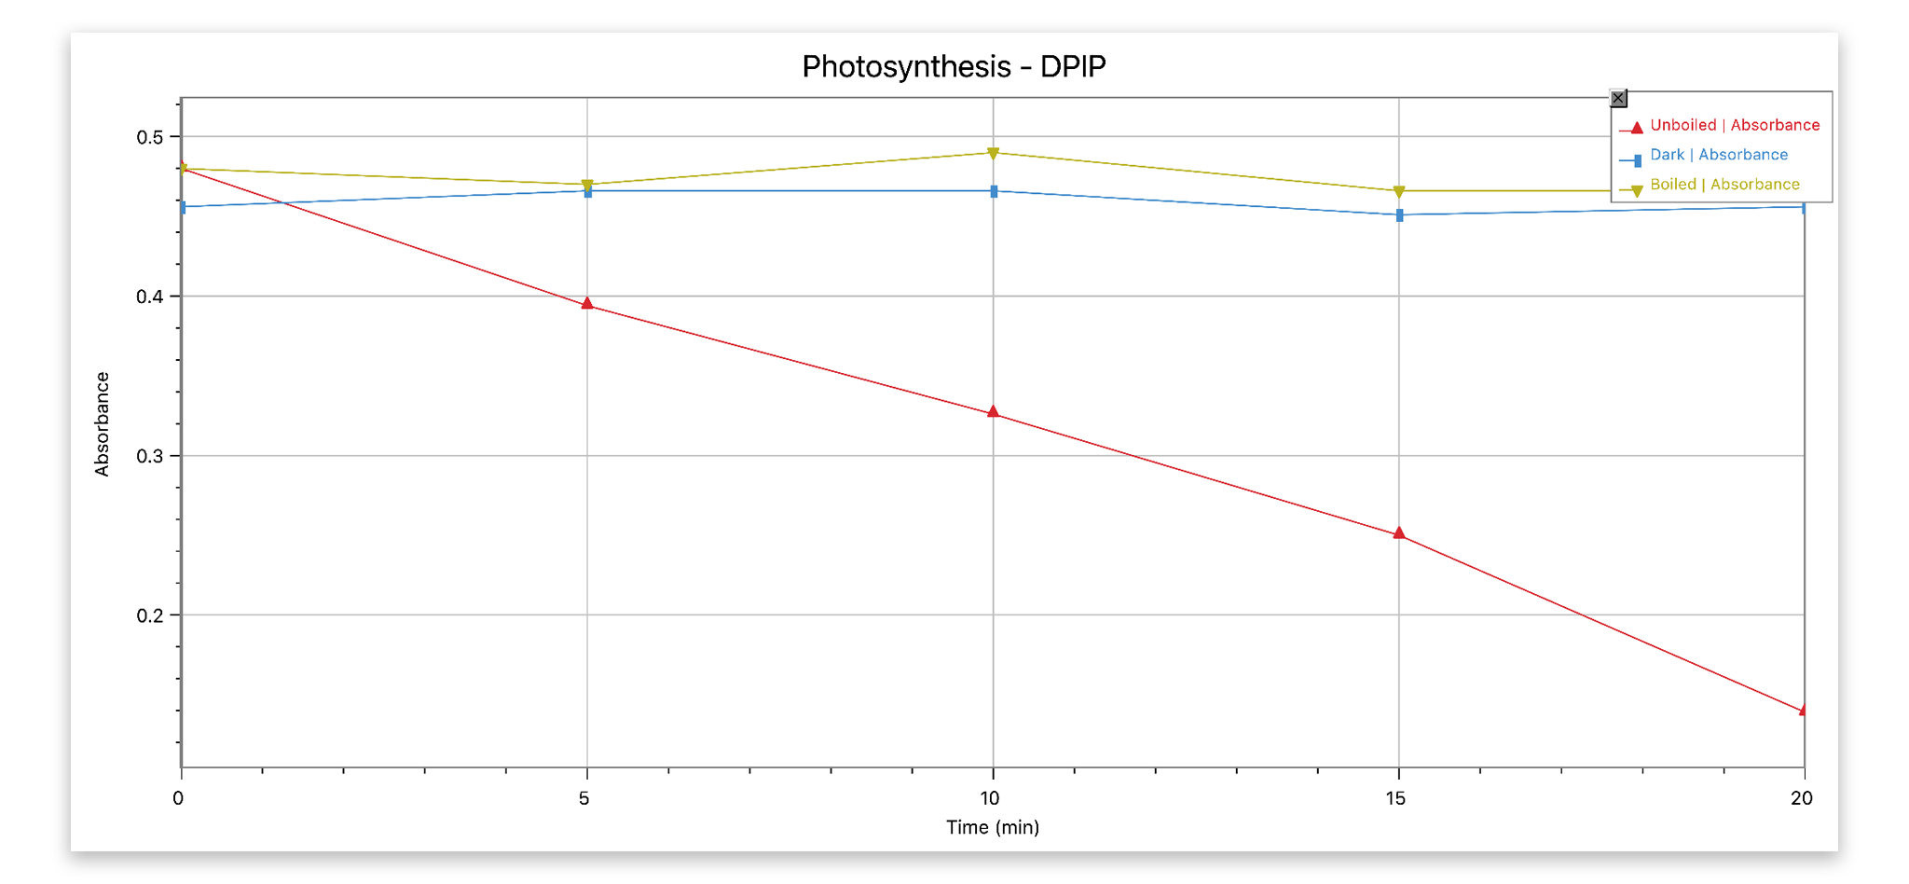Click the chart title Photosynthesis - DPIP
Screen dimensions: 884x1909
(x=954, y=66)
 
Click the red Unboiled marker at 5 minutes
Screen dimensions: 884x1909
(x=587, y=303)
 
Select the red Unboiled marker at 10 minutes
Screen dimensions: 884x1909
(x=993, y=411)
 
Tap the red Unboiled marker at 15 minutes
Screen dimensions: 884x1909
(x=1398, y=533)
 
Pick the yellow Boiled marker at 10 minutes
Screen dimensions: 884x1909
(x=993, y=153)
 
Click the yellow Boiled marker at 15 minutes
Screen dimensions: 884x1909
(x=1398, y=191)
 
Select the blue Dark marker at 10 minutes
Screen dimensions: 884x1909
(x=994, y=191)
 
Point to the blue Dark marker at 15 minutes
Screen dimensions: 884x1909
(x=1399, y=215)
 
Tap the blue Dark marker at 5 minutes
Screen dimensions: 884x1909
(x=587, y=191)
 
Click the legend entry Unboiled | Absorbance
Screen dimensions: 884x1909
(x=1734, y=125)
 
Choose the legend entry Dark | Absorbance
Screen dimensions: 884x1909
(x=1718, y=155)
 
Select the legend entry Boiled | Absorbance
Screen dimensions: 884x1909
(x=1724, y=185)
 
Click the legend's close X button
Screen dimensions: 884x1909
(x=1618, y=98)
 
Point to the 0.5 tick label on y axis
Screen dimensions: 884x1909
(x=149, y=137)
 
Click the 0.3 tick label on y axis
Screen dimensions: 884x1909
(x=149, y=456)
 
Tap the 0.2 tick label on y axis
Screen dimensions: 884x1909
(x=149, y=615)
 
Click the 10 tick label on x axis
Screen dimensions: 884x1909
(x=990, y=798)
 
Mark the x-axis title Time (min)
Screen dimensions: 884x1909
(x=992, y=827)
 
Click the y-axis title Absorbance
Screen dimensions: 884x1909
(x=103, y=424)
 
